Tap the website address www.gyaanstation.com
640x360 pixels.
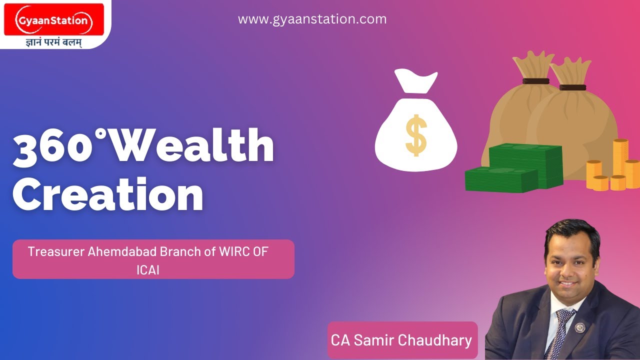point(312,19)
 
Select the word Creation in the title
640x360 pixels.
point(107,195)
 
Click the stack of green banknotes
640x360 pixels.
point(515,167)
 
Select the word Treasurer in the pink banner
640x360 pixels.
point(55,251)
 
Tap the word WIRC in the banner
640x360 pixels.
point(234,251)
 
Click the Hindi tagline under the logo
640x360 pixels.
point(53,42)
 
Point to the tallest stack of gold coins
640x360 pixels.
point(620,162)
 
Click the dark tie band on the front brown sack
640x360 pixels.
point(572,87)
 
